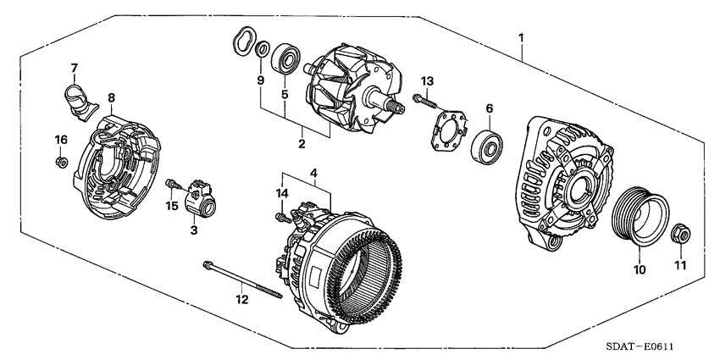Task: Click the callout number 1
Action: pyautogui.click(x=521, y=37)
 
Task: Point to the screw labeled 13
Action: pyautogui.click(x=425, y=101)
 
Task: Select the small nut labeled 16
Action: pyautogui.click(x=60, y=162)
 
